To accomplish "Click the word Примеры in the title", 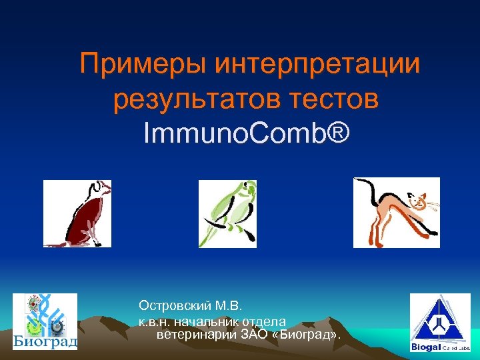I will tap(143, 65).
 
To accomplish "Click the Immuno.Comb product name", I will tap(233, 134).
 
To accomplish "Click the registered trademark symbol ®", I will tap(337, 134).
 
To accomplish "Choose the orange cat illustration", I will tap(396, 213).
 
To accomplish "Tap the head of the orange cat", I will tap(418, 200).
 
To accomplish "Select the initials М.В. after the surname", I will tap(232, 306).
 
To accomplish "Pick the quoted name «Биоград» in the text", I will tap(305, 333).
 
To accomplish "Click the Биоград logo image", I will tap(45, 322).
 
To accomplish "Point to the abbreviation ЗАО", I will tap(253, 333).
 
